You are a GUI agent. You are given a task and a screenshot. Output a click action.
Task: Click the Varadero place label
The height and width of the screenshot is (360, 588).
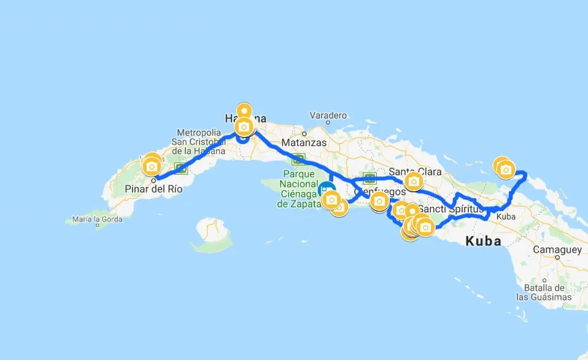click(328, 115)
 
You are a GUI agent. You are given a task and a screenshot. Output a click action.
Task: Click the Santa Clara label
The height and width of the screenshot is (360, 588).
click(416, 172)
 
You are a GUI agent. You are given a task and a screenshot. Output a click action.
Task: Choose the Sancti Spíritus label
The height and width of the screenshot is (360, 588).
click(451, 209)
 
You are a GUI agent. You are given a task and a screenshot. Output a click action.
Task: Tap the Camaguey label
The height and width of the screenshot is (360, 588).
click(557, 250)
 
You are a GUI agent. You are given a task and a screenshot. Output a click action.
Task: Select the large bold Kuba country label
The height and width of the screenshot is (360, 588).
click(484, 241)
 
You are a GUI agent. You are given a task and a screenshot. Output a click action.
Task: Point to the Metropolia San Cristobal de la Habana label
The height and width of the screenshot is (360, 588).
click(199, 142)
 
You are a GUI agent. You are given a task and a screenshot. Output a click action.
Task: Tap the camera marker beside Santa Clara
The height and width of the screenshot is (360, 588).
click(414, 182)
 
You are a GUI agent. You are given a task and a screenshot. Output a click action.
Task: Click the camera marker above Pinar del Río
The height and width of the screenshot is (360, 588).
click(152, 166)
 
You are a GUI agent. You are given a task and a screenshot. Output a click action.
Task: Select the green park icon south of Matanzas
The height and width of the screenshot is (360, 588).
click(299, 161)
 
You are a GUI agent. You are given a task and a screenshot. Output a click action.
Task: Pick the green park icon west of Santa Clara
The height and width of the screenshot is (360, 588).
click(369, 178)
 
